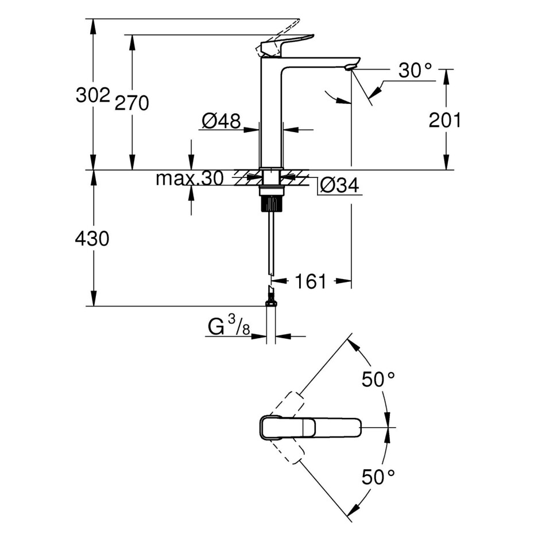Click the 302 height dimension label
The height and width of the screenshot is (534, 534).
click(92, 95)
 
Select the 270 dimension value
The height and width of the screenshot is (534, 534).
click(131, 103)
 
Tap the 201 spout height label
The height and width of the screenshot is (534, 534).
click(445, 120)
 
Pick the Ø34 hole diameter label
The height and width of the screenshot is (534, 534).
click(339, 185)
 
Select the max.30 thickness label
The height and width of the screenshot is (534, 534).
click(189, 179)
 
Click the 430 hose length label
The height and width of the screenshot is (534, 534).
click(92, 238)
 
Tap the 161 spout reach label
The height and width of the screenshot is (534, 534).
click(311, 281)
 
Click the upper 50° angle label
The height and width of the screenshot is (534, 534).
click(378, 379)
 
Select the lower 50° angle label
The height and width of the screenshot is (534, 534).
click(378, 476)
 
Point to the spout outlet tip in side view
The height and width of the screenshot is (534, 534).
click(350, 68)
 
